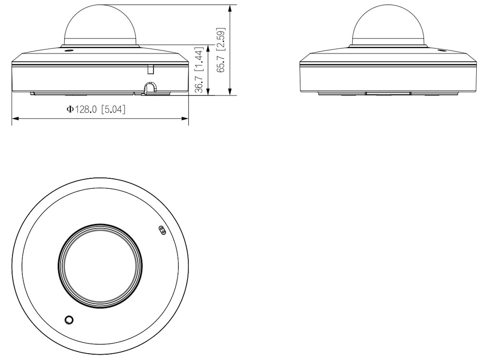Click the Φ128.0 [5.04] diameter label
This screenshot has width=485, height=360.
click(x=97, y=110)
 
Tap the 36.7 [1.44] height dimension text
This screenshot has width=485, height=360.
click(x=199, y=70)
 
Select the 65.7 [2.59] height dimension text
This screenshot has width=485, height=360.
click(x=221, y=50)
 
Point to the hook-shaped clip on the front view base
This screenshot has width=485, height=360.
click(x=150, y=89)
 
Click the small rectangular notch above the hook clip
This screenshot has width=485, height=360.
click(x=151, y=69)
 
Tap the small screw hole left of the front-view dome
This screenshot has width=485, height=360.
click(x=68, y=50)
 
